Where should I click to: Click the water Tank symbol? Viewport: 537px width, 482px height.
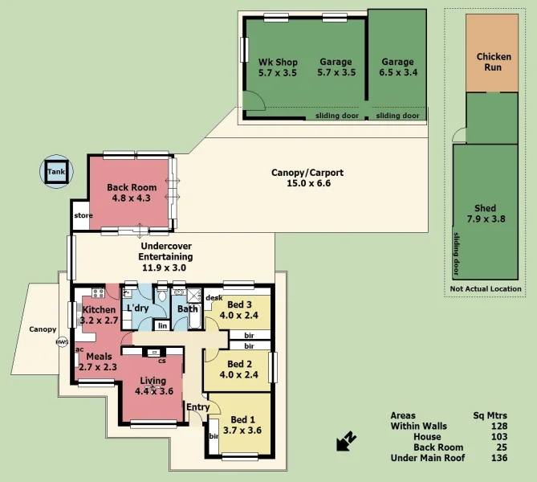point(55,172)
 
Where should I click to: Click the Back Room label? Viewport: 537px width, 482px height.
point(132,193)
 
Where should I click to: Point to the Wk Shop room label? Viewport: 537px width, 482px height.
point(278,67)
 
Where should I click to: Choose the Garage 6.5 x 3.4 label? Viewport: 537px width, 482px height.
point(397,67)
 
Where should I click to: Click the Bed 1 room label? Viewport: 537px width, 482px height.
point(243,425)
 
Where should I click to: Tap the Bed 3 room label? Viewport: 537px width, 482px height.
point(239,309)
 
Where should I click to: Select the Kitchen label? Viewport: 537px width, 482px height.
point(99,314)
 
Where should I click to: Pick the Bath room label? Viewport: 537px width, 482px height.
point(187,309)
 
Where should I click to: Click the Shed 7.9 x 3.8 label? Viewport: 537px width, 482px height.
point(486,213)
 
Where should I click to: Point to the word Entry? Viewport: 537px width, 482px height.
point(197,407)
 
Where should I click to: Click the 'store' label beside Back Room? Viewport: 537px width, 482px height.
point(83,215)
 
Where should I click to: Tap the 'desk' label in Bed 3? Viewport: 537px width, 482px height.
point(214,298)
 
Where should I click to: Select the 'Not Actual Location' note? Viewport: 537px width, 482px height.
point(486,288)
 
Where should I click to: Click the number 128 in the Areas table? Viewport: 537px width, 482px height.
point(500,426)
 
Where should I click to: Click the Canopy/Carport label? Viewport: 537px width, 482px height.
point(301,178)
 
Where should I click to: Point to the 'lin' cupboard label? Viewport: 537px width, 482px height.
point(161,325)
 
